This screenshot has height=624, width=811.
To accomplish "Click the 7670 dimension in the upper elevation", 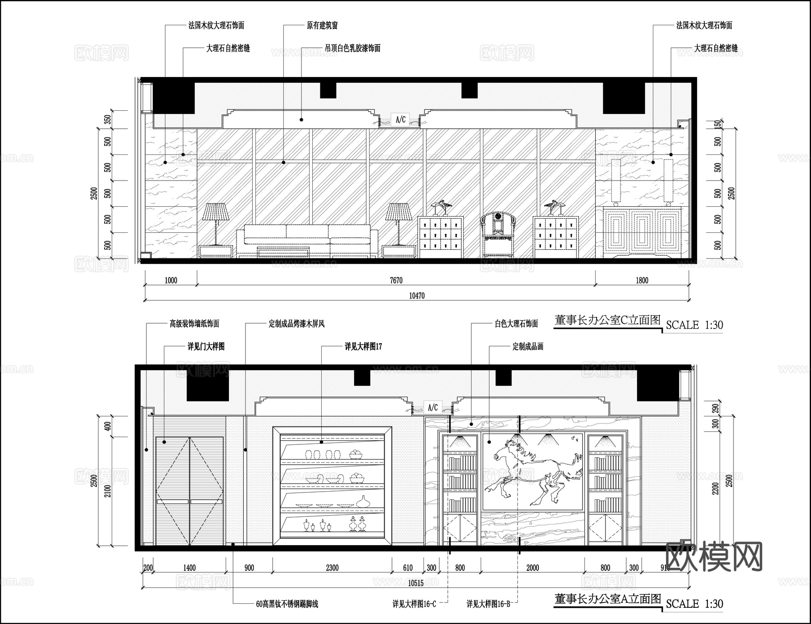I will [396, 280].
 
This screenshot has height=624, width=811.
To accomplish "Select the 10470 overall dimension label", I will [416, 296].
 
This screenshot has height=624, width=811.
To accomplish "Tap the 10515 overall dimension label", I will [415, 583].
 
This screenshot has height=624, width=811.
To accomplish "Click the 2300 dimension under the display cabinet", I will [332, 568].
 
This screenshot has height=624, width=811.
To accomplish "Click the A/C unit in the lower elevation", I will [433, 407].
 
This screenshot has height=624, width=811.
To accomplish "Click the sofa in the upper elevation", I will [307, 241].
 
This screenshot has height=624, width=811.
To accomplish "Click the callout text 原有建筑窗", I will [322, 26].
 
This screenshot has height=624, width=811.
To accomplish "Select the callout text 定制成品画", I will [528, 347].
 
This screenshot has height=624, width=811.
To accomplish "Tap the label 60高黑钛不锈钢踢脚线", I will [287, 604].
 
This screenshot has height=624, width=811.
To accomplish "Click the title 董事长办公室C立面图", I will [607, 320].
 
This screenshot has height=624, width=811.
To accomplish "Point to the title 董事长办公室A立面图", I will [607, 599].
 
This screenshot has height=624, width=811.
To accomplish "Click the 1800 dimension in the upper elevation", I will [642, 280].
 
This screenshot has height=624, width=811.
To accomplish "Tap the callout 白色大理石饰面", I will [516, 324].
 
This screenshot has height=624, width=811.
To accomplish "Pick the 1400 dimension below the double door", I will [189, 568].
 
